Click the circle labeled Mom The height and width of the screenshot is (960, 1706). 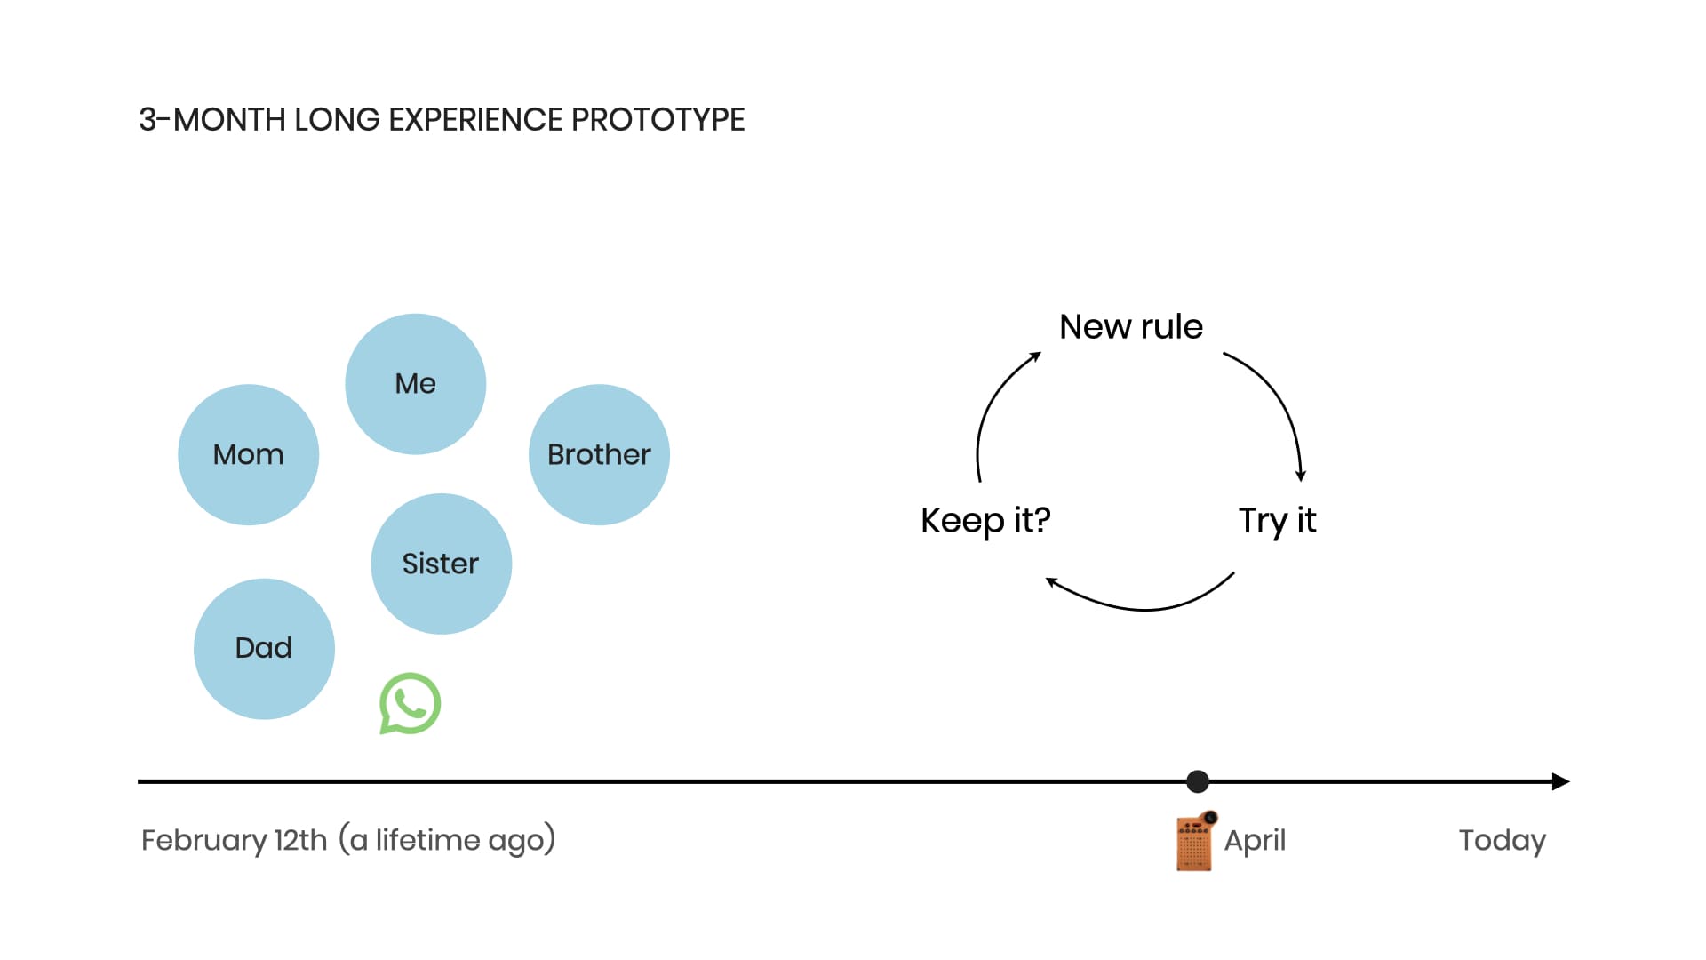(249, 454)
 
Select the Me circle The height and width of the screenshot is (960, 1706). (416, 384)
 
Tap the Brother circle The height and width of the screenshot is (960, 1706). (599, 454)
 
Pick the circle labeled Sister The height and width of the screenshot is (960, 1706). (442, 564)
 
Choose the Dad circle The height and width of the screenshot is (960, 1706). (264, 649)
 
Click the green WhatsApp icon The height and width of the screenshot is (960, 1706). (410, 703)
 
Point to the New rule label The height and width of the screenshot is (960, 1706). (1131, 326)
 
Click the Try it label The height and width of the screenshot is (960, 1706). (1278, 521)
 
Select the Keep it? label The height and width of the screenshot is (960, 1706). (985, 521)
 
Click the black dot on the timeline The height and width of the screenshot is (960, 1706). (1198, 781)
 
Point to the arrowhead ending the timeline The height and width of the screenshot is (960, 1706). (1561, 781)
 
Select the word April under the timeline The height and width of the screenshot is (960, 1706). (1255, 841)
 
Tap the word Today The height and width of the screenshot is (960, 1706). (1503, 841)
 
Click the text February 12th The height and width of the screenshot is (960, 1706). (235, 841)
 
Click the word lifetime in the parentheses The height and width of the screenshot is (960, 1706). (428, 840)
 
